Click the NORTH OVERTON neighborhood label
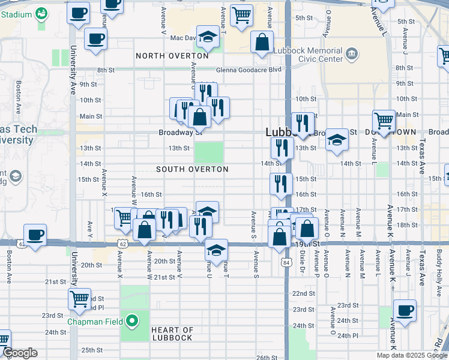pos(172,56)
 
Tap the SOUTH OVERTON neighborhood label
pos(192,170)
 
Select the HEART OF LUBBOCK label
pos(172,334)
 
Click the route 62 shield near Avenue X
pos(122,244)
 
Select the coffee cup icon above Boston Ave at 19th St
pos(35,234)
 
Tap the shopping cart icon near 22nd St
pos(79,298)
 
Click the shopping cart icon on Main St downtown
pos(384,120)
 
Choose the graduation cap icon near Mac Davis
pos(208,37)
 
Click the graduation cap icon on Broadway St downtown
pos(337,140)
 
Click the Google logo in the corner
pos(20,353)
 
